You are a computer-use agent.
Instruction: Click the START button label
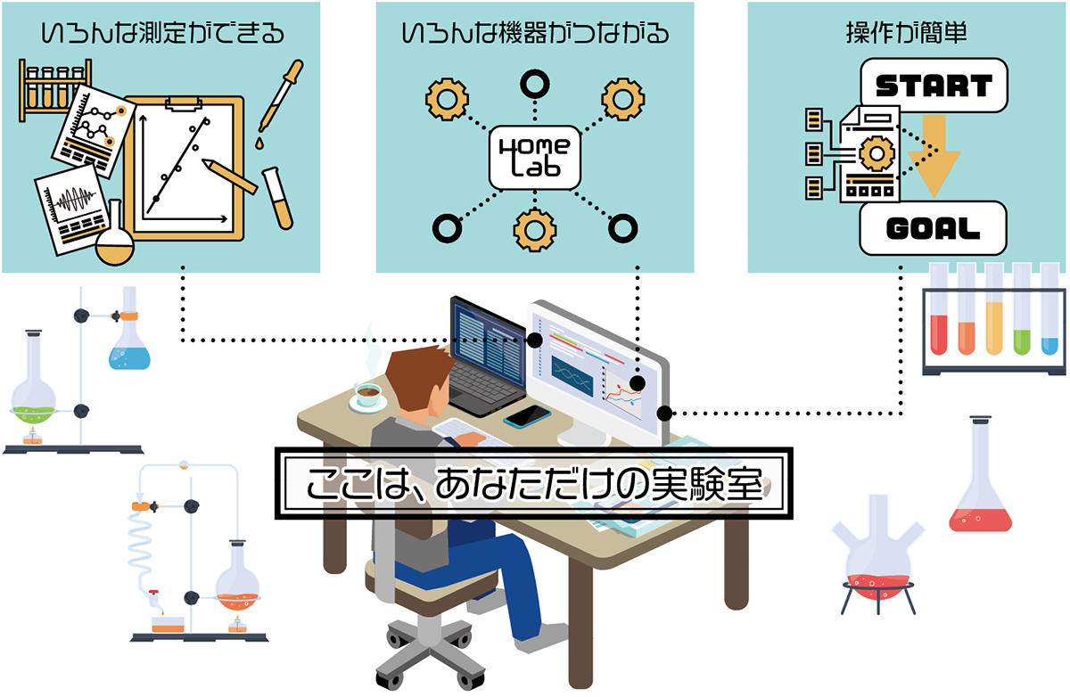pyautogui.click(x=933, y=86)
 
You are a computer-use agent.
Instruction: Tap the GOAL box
pyautogui.click(x=933, y=228)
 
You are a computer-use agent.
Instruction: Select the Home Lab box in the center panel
pyautogui.click(x=535, y=157)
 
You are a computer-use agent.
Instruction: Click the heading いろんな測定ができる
pyautogui.click(x=162, y=34)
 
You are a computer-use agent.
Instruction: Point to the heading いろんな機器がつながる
pyautogui.click(x=535, y=34)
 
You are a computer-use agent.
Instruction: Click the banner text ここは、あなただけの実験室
pyautogui.click(x=535, y=486)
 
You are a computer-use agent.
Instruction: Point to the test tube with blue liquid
pyautogui.click(x=1049, y=312)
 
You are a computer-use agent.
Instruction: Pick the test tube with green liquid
pyautogui.click(x=1023, y=312)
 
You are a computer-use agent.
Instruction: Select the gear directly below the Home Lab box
pyautogui.click(x=535, y=228)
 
